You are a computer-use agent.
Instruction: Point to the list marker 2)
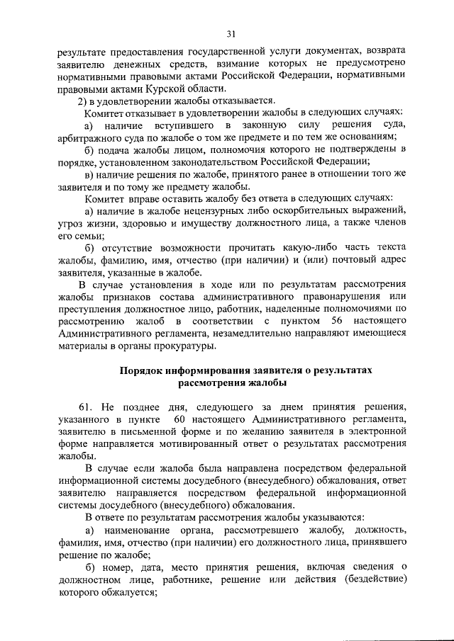pyautogui.click(x=82, y=101)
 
